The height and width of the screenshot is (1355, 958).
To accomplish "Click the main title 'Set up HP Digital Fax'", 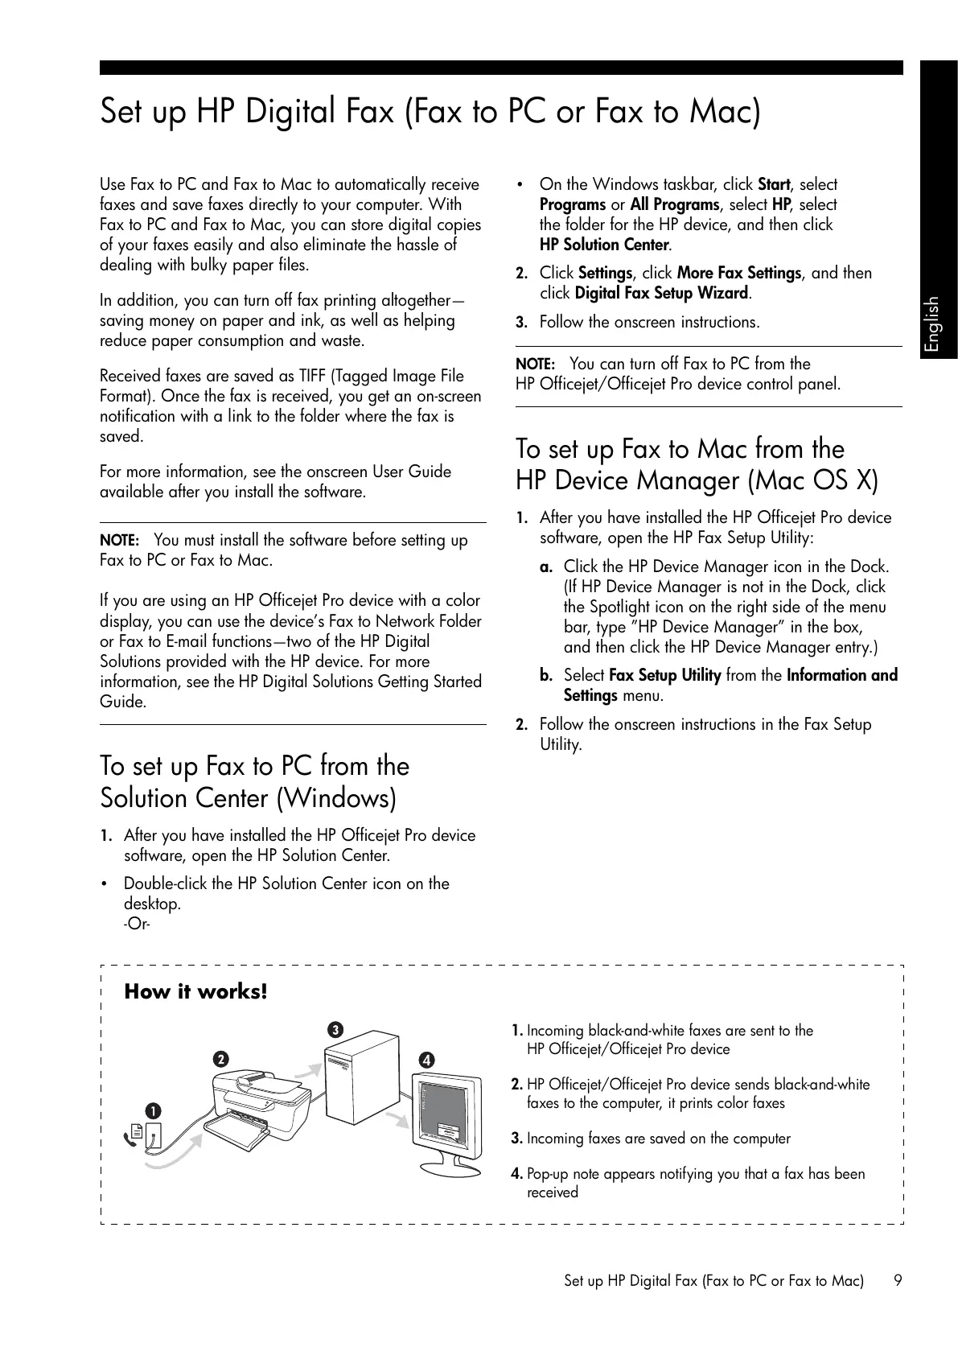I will pyautogui.click(x=430, y=112).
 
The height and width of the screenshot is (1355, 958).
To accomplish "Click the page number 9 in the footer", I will pyautogui.click(x=898, y=1280).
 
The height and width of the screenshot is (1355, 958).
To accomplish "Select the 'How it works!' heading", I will pyautogui.click(x=195, y=991).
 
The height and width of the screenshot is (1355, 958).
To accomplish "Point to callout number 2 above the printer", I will pyautogui.click(x=220, y=1059).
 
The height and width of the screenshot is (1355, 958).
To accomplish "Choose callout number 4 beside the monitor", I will pyautogui.click(x=426, y=1060).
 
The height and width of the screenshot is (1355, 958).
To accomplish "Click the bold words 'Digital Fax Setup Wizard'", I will pyautogui.click(x=662, y=294).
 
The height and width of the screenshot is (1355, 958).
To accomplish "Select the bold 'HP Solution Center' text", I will pyautogui.click(x=604, y=245).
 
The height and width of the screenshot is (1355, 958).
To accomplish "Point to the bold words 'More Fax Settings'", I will pyautogui.click(x=739, y=274).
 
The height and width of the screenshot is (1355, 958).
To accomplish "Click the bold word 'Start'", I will pyautogui.click(x=774, y=185).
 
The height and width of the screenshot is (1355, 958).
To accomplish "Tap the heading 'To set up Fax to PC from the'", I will pyautogui.click(x=254, y=766).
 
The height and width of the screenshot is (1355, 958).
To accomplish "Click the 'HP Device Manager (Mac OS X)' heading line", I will pyautogui.click(x=697, y=481).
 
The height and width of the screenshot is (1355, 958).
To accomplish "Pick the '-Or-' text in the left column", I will pyautogui.click(x=138, y=924).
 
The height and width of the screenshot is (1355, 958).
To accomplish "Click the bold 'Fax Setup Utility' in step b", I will pyautogui.click(x=664, y=676).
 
